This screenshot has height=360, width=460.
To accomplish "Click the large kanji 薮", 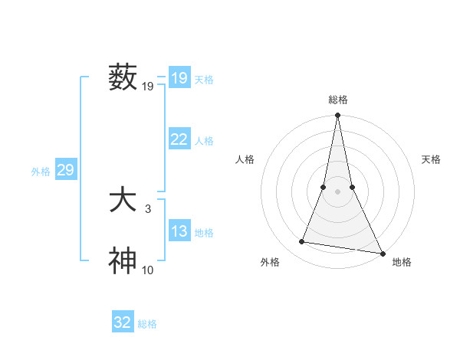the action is pos(123,77).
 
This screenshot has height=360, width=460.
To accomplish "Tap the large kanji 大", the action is pos(123,201).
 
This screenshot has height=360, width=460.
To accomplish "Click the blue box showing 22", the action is pos(179,139).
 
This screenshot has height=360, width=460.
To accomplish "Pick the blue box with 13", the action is pos(179,232).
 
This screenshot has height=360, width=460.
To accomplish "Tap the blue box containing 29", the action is pos(65,170).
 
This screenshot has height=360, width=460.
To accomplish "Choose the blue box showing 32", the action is pos(123,322).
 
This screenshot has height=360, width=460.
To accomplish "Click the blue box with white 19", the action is pos(179,78).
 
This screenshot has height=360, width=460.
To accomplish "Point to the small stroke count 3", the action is pos(148,208).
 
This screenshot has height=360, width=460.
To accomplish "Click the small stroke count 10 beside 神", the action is pos(148,270).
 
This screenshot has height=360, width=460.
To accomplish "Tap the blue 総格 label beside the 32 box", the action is pos(147,324).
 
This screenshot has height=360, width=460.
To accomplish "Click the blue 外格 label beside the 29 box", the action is pos(41,172).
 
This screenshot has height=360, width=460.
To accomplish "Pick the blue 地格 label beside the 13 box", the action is pos(204,233).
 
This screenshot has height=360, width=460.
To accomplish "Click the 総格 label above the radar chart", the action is pos(337,100).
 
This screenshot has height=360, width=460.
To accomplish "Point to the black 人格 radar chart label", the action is pos(245,159).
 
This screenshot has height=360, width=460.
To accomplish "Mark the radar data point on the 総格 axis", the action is pos(337,116).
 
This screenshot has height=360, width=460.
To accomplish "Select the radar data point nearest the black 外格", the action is pos(302,242).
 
